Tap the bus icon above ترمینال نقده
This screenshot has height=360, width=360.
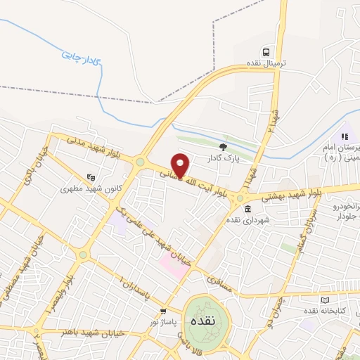click(x=266, y=52)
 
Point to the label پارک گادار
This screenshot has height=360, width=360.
click(x=224, y=158)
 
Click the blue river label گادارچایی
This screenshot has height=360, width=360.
click(x=79, y=51)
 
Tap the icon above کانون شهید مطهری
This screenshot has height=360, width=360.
click(x=89, y=178)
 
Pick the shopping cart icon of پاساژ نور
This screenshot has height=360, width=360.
click(x=163, y=311)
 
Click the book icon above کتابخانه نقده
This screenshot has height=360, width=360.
click(x=311, y=298)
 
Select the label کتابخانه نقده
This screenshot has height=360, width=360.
click(x=321, y=310)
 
